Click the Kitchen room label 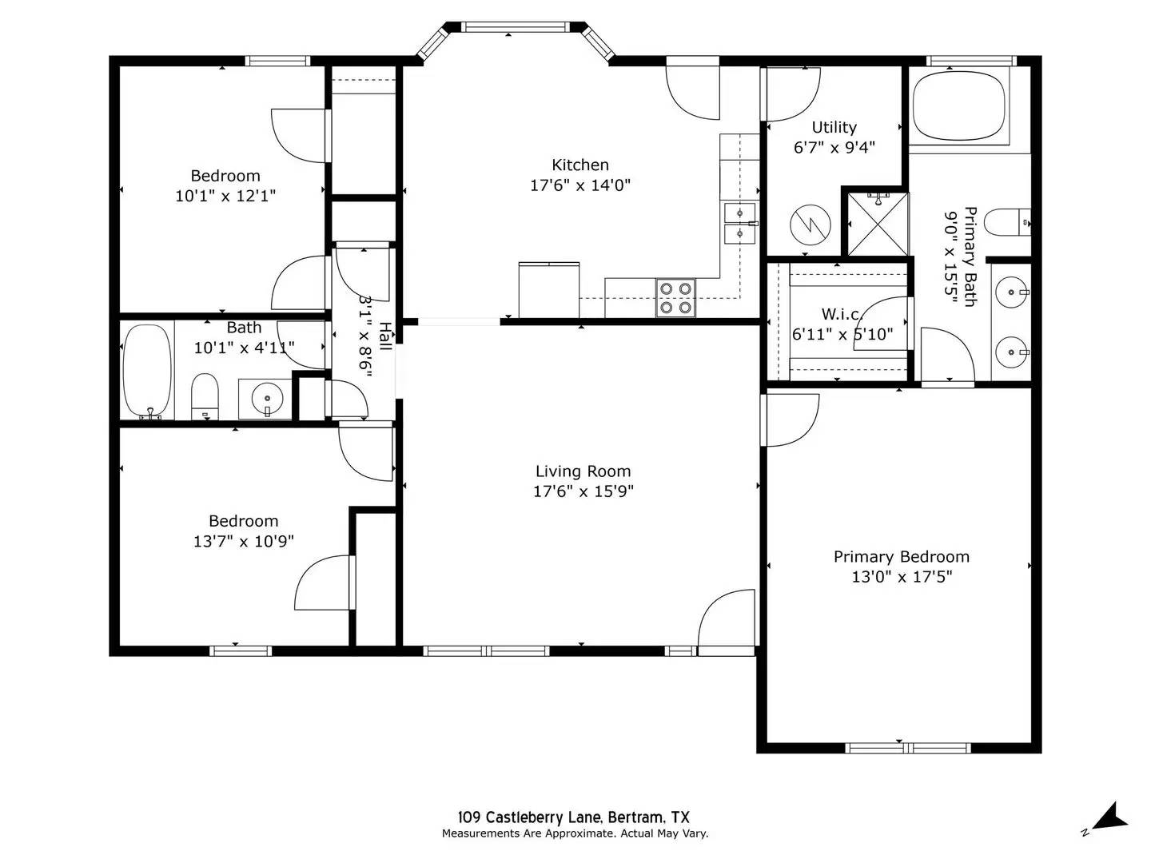(x=580, y=165)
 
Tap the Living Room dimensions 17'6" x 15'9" (x=583, y=491)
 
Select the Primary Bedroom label (x=901, y=557)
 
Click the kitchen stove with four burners (x=675, y=298)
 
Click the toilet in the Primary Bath (x=1006, y=222)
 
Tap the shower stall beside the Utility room (x=878, y=223)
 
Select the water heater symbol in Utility (x=810, y=225)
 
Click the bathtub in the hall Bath (x=147, y=372)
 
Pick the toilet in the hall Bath (x=205, y=396)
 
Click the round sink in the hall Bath (x=266, y=397)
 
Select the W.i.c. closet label (x=842, y=315)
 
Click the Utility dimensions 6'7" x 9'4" (x=834, y=148)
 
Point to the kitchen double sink (x=739, y=223)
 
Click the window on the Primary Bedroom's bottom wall (x=908, y=748)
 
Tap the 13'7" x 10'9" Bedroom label (x=243, y=541)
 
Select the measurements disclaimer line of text (x=575, y=833)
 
